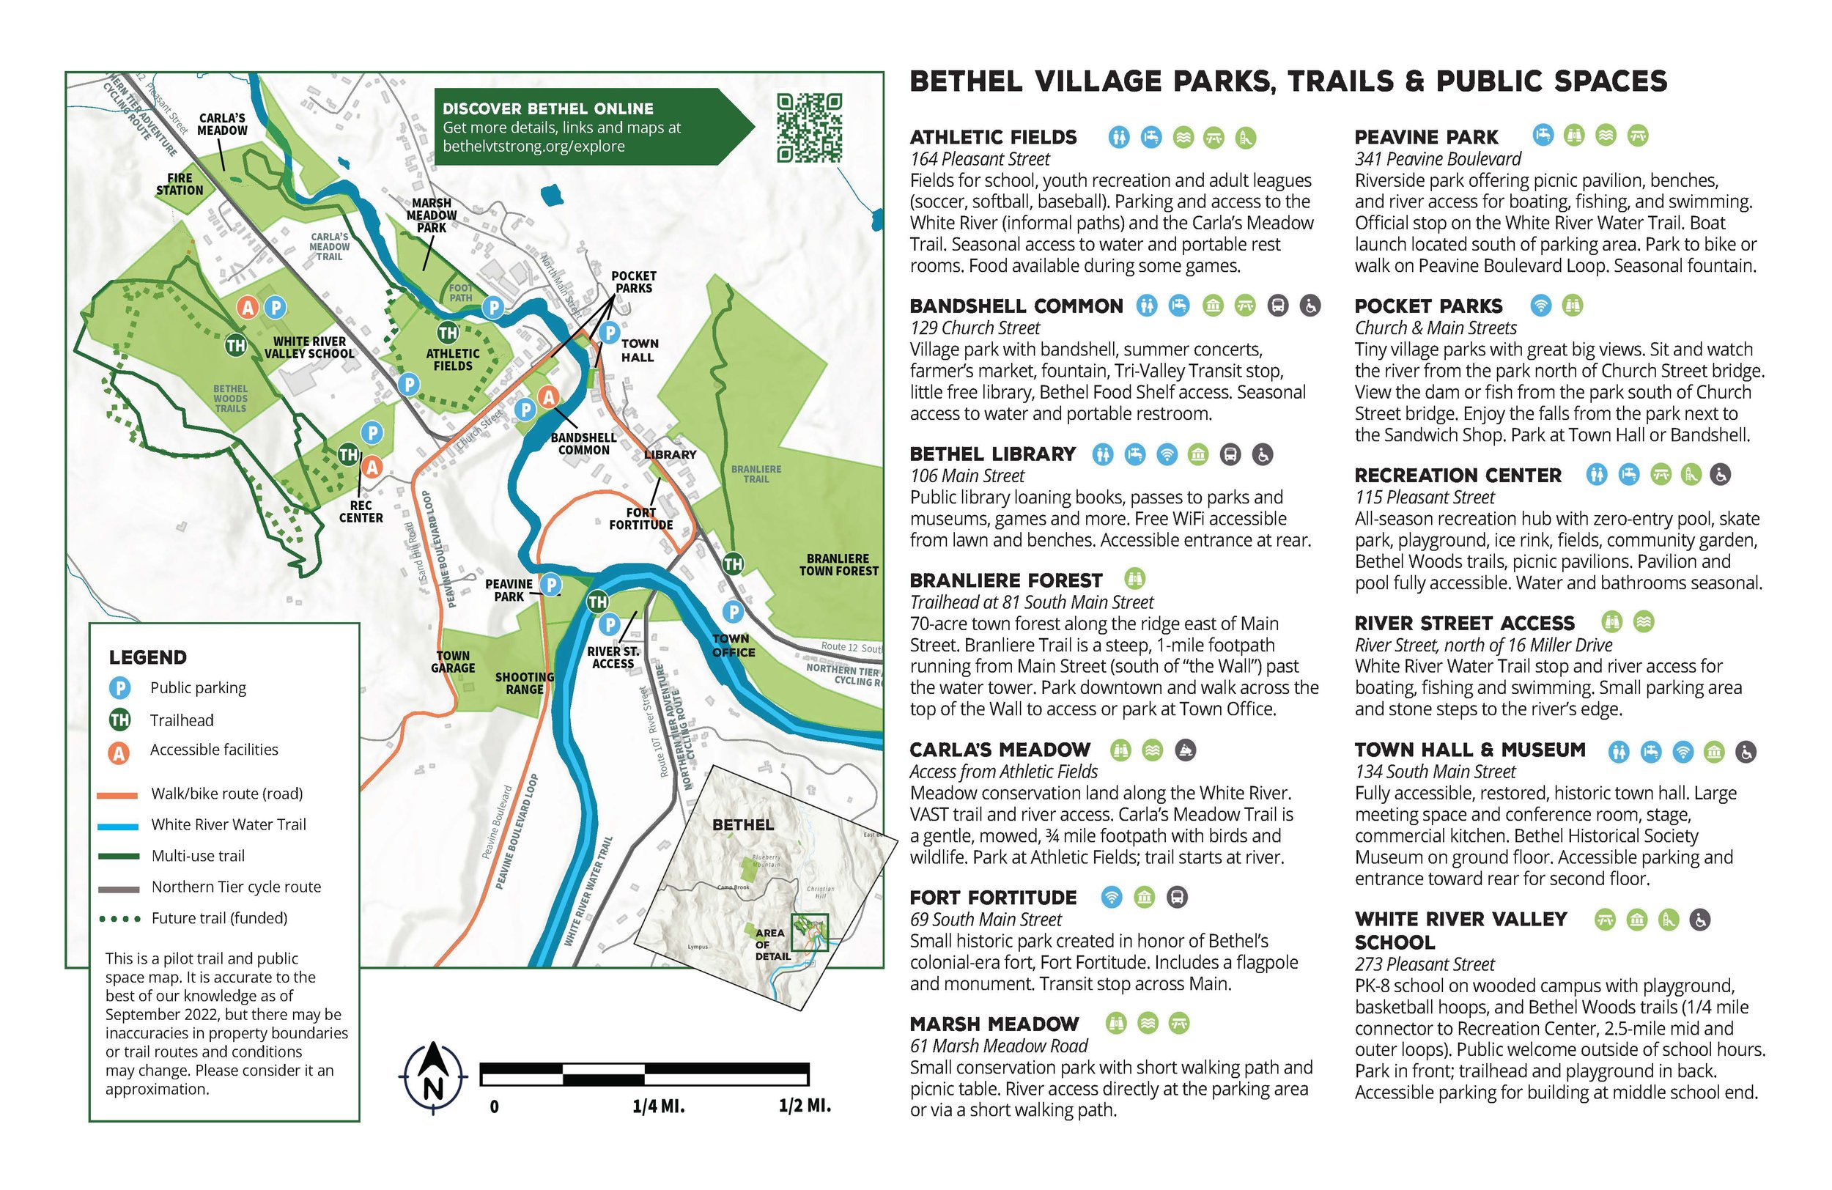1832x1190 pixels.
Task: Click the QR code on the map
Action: [809, 127]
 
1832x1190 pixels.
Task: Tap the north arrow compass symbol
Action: [432, 1078]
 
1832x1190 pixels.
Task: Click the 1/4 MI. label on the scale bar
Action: [658, 1106]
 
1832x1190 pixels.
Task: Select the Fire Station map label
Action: [180, 184]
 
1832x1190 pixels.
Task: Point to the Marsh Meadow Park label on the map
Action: [431, 215]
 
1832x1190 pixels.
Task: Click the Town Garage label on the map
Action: [453, 662]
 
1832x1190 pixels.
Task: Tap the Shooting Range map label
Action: [524, 683]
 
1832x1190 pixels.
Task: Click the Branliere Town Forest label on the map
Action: [838, 564]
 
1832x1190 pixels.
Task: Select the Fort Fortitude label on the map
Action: [640, 518]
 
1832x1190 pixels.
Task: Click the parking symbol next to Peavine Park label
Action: [550, 584]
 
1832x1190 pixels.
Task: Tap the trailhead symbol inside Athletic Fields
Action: [447, 333]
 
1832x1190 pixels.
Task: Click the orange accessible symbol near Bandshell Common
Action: [548, 397]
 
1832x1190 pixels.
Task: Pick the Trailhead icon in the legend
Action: [119, 720]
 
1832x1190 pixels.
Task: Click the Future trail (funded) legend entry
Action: [218, 917]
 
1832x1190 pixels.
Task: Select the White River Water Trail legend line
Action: [118, 826]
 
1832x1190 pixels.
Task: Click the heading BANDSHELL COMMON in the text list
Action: [1016, 306]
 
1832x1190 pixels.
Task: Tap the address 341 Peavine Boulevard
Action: [1437, 159]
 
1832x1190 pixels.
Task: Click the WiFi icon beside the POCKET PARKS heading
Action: [1540, 305]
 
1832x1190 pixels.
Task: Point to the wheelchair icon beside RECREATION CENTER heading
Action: [1721, 474]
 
